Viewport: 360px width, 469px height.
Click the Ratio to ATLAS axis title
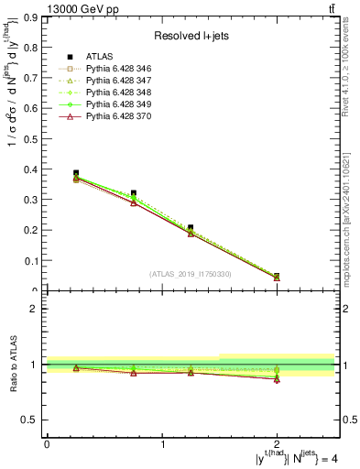(x=13, y=365)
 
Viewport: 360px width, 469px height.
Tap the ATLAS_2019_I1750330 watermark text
(x=191, y=274)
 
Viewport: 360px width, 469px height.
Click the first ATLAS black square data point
(x=76, y=173)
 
